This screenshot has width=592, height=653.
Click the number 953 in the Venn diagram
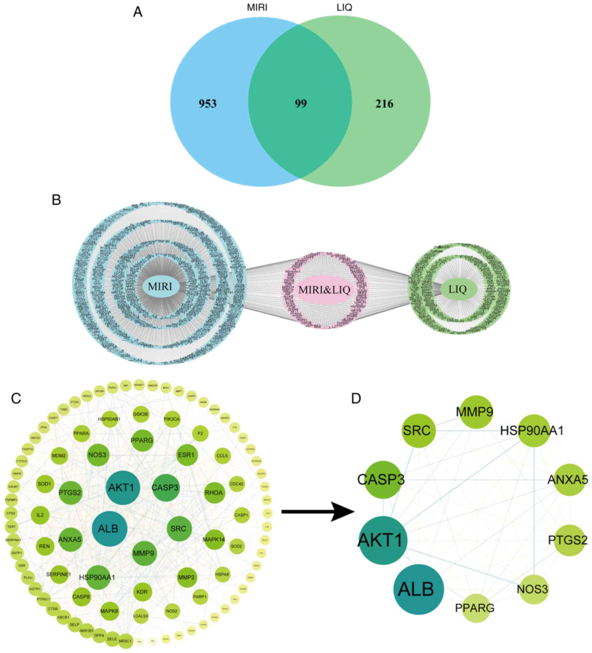point(208,104)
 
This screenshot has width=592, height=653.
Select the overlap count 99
point(301,104)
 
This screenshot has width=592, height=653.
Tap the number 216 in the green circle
point(384,104)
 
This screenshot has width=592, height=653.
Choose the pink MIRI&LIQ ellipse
point(325,290)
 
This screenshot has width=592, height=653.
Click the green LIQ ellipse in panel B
point(458,289)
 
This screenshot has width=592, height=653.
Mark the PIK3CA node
point(172,419)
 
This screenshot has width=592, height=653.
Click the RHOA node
point(214,493)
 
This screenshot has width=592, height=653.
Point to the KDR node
point(142,592)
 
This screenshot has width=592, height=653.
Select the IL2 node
point(40,515)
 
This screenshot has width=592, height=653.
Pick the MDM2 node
point(59,456)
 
